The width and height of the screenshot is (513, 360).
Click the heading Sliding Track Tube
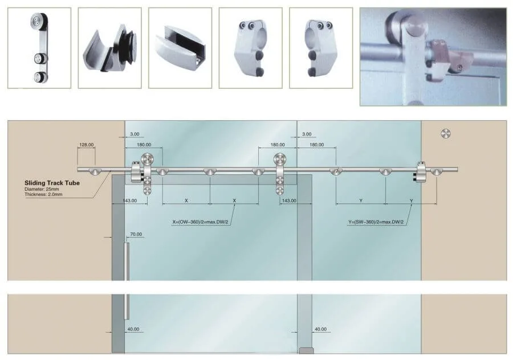click(x=52, y=183)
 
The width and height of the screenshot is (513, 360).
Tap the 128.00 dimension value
click(x=87, y=145)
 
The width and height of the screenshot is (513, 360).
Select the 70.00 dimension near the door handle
click(x=136, y=234)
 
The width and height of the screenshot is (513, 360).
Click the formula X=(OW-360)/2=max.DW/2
click(x=200, y=222)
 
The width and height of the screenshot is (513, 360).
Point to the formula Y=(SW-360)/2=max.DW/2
click(x=376, y=222)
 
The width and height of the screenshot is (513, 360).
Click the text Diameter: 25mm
click(x=42, y=189)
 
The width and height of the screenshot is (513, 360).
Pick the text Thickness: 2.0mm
click(x=43, y=195)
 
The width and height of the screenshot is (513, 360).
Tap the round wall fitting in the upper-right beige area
click(x=446, y=133)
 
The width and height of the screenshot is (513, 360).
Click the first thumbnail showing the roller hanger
click(x=39, y=48)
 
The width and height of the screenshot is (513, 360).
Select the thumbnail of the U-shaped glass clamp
click(x=180, y=48)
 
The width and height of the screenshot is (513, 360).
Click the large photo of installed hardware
click(x=433, y=56)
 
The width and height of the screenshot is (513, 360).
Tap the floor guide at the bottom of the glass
click(x=307, y=351)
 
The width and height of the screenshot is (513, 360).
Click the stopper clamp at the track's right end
click(x=420, y=171)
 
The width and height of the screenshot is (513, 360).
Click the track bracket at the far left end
click(x=92, y=171)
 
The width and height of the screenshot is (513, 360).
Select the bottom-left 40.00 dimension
click(x=133, y=329)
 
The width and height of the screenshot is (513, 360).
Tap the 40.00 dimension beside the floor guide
click(x=320, y=329)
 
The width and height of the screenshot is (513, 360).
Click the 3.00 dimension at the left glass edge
click(x=135, y=134)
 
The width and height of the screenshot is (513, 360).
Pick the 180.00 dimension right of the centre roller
click(x=317, y=145)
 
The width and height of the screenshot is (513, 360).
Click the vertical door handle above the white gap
click(x=127, y=261)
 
